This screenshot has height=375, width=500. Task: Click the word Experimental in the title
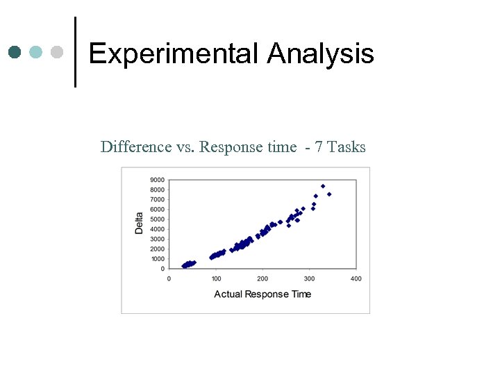174,53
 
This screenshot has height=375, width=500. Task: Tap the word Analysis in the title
320,53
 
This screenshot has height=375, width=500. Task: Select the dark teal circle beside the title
15,52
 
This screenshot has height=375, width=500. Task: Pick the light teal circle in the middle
36,52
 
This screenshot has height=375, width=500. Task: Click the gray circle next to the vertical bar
57,52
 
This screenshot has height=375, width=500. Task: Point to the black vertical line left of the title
75,52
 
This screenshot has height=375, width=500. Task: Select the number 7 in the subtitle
319,147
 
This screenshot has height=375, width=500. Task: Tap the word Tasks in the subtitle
346,147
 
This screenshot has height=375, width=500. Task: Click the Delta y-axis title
139,222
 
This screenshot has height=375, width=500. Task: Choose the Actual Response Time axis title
262,294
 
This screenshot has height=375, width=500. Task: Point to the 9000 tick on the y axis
157,180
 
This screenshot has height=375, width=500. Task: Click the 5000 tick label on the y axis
157,219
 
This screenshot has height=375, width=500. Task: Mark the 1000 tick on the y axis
157,259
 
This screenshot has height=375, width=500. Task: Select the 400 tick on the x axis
356,278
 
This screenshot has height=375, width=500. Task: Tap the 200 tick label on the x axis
262,278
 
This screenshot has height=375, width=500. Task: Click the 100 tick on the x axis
216,278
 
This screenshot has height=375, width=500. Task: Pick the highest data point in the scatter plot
323,186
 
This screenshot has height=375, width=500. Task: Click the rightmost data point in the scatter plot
329,194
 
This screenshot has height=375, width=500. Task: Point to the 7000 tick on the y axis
157,199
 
